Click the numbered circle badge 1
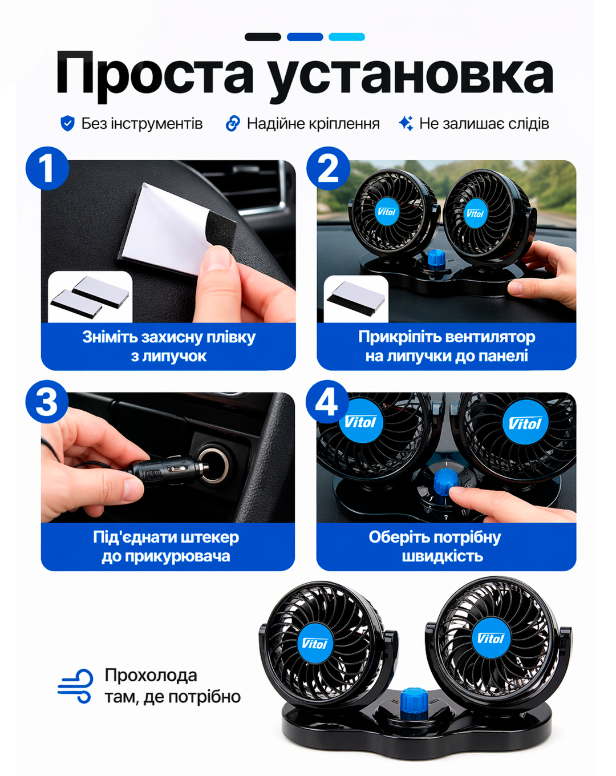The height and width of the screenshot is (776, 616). [x=47, y=168]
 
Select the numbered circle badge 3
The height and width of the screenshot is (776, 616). [x=47, y=401]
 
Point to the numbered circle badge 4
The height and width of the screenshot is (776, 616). [x=327, y=401]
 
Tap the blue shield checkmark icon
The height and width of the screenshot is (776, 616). [x=67, y=123]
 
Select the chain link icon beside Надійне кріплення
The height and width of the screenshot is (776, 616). [x=233, y=123]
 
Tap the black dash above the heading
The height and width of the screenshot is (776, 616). [x=262, y=37]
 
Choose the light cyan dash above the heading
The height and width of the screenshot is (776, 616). [x=346, y=37]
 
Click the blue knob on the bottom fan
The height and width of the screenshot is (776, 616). [x=414, y=703]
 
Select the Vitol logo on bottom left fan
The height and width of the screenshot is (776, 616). [x=314, y=643]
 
